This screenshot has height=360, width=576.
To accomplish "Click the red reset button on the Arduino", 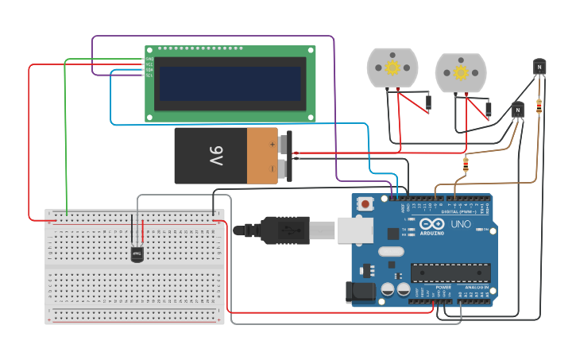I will [365, 203].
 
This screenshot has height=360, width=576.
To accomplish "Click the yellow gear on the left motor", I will [392, 68].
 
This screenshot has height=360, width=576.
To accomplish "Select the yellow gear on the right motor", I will [461, 72].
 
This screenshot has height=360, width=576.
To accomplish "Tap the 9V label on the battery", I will [216, 156].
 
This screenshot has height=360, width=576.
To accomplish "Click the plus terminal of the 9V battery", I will [273, 145].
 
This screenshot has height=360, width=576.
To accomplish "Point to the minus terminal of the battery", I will [273, 168].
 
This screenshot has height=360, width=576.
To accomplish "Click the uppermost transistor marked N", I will [539, 67].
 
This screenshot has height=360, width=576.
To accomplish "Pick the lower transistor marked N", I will [517, 109].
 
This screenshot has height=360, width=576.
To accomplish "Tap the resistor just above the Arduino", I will [465, 165].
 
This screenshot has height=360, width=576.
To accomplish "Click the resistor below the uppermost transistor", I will [540, 105].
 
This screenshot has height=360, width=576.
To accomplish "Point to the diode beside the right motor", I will [488, 109].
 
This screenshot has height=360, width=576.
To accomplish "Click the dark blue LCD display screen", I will [230, 83].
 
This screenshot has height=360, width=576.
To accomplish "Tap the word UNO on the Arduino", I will [461, 225].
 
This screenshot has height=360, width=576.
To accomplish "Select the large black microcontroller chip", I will [450, 273].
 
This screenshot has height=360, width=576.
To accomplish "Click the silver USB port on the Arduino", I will [354, 230].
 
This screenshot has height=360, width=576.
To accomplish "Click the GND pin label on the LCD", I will [149, 58].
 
